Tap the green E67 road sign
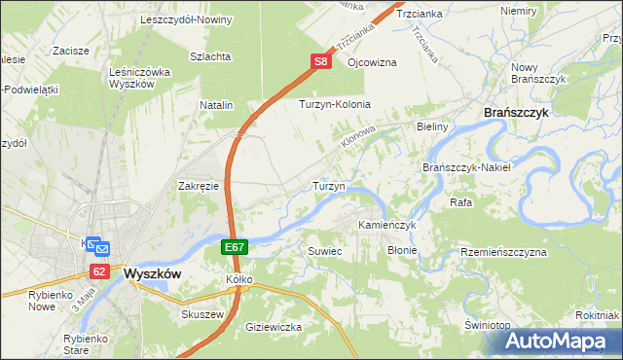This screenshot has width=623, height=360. [234, 248]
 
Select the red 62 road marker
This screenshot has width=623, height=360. [98, 270]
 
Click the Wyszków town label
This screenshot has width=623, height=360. [153, 274]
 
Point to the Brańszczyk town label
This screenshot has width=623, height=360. [517, 113]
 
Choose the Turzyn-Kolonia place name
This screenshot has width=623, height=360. [336, 104]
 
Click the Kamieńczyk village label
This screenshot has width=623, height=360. [387, 225]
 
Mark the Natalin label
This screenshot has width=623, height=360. [217, 104]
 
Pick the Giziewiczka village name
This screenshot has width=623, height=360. [274, 327]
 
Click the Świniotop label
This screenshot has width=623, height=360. [488, 324]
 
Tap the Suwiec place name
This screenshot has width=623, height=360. [325, 251]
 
